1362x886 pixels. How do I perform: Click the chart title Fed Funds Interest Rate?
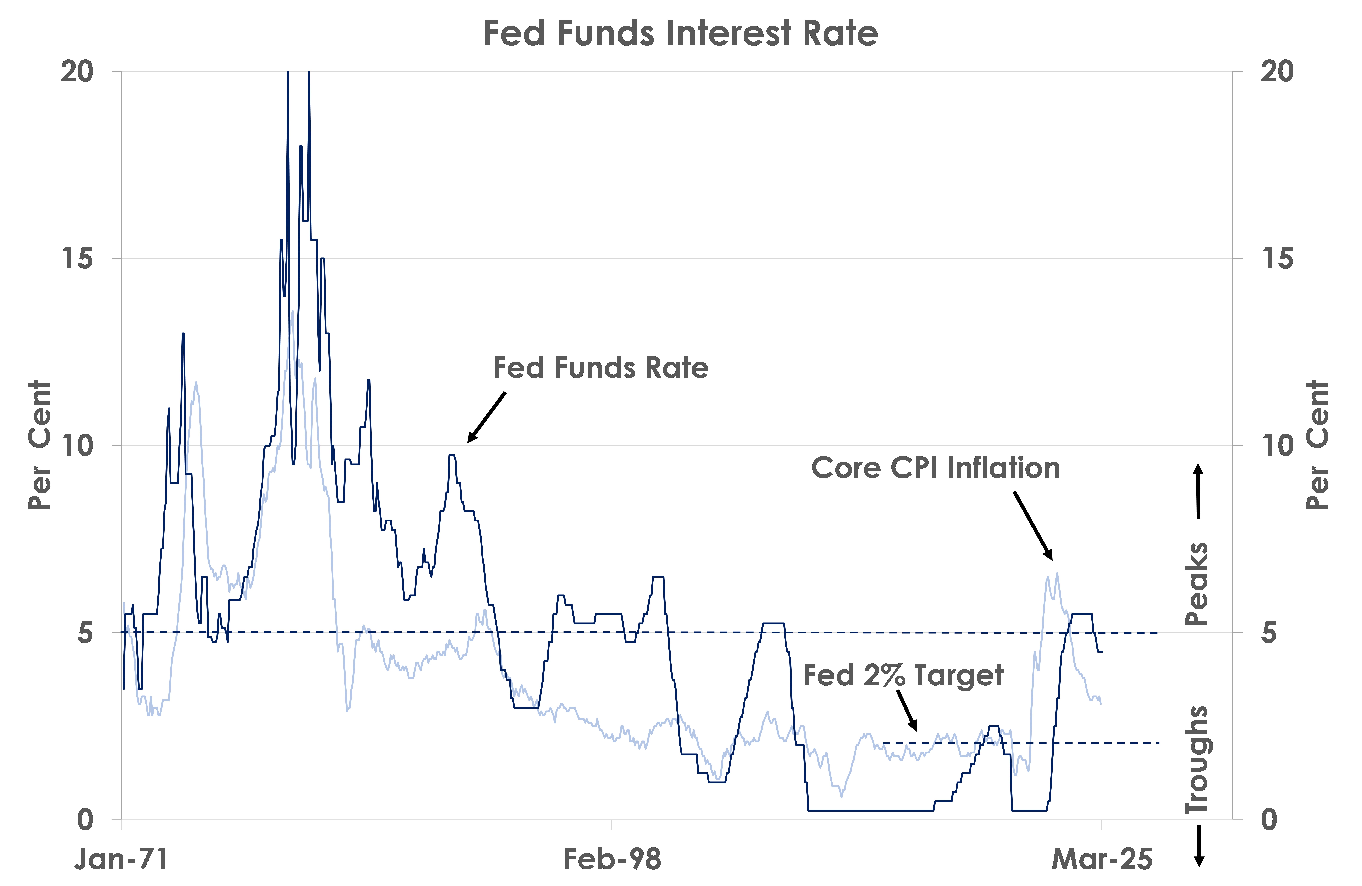(x=680, y=33)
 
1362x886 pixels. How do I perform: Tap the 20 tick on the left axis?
(x=77, y=72)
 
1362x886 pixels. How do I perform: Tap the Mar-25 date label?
(x=1102, y=859)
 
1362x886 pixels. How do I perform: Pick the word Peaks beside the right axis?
(x=1197, y=583)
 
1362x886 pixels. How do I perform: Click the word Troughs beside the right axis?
(x=1197, y=760)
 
